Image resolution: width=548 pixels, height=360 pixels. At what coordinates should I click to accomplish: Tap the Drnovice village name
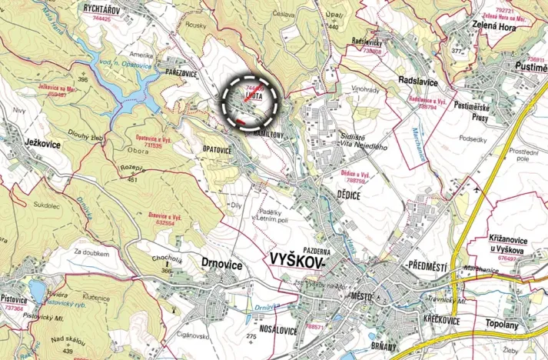click(x=221, y=265)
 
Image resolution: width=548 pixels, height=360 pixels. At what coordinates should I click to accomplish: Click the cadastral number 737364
click(x=13, y=308)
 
